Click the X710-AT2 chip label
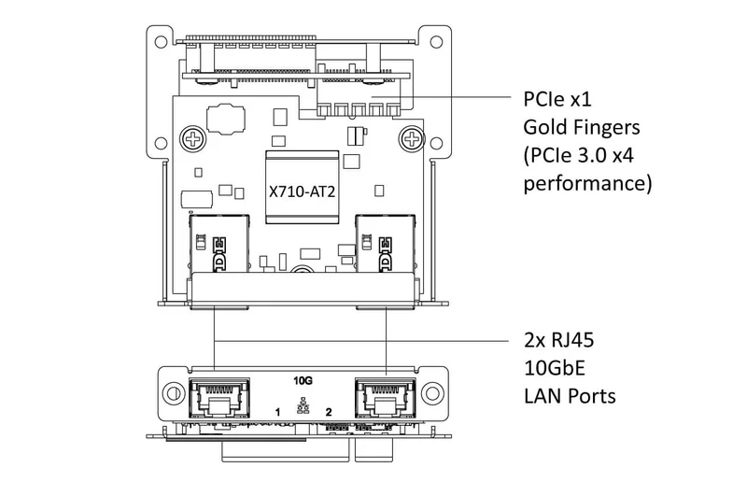302,191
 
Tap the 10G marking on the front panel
303,380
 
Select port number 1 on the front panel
277,412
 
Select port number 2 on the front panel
329,412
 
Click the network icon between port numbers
303,405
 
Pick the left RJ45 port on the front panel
219,399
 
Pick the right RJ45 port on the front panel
385,399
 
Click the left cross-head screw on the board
193,139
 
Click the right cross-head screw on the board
412,139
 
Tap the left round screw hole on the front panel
173,393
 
